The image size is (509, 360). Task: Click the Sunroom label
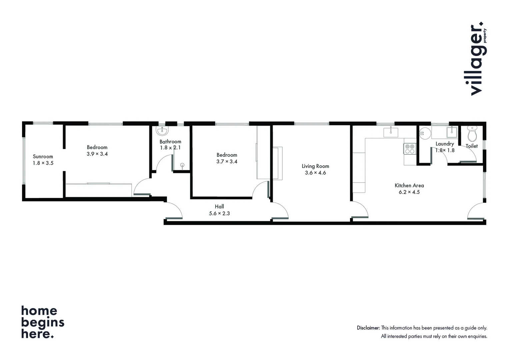coord(43,156)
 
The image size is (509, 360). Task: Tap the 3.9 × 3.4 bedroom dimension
coord(97,154)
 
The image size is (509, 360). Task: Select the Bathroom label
coord(170,142)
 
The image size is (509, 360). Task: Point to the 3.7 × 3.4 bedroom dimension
coord(227,162)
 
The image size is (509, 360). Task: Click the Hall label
coord(219,207)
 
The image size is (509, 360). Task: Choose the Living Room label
coord(315,166)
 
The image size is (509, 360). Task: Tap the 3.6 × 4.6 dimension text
coord(315,173)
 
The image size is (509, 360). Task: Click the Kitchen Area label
coord(409,185)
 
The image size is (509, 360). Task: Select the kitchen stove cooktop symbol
coord(410,149)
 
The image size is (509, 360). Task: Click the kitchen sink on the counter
coord(391,132)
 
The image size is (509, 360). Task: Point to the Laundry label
coord(445,144)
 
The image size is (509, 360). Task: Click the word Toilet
coord(472,146)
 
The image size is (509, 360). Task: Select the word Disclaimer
coord(368,328)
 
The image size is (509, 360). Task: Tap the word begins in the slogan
coord(43,323)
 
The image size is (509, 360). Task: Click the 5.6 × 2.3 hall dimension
coord(219,213)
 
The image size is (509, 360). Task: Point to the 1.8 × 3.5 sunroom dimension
coord(43,163)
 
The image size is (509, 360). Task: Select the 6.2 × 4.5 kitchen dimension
coord(409,192)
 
